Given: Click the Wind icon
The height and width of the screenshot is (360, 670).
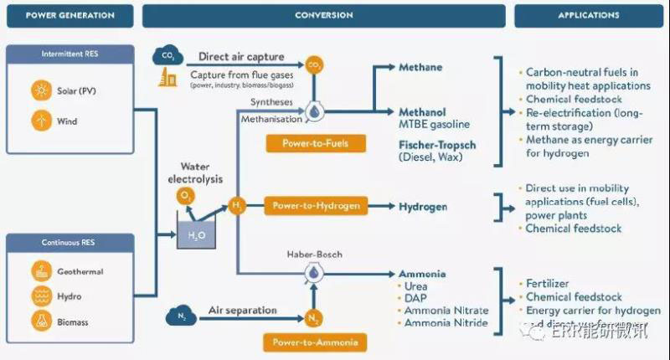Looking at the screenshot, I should [x=39, y=121].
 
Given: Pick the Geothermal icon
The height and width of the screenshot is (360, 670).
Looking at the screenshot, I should [x=39, y=271].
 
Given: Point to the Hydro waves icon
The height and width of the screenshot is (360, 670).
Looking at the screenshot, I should [x=39, y=296].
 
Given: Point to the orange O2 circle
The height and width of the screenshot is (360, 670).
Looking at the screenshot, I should [x=186, y=196].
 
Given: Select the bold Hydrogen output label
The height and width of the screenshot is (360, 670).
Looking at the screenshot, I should [x=423, y=207].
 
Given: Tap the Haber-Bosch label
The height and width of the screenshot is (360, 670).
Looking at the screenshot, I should [x=315, y=254].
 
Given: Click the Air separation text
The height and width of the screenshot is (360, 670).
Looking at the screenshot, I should [x=243, y=311].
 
